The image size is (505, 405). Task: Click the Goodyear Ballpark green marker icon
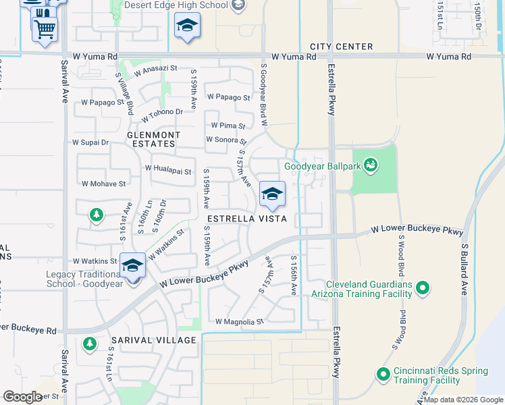[370, 165]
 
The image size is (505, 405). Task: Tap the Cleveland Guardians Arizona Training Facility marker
[423, 289]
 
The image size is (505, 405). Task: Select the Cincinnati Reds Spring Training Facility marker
[383, 374]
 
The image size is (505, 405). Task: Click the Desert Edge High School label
[176, 5]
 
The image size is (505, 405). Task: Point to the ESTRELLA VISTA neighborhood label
[246, 219]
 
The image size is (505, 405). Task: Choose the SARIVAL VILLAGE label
[154, 340]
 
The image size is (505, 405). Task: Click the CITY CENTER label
[341, 47]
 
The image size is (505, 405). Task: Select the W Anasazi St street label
[155, 69]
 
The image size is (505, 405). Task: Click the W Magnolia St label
[239, 323]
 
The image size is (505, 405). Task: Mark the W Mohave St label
[103, 184]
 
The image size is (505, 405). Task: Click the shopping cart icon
[45, 28]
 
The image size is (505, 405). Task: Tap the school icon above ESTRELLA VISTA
[272, 194]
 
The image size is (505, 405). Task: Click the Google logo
[22, 397]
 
